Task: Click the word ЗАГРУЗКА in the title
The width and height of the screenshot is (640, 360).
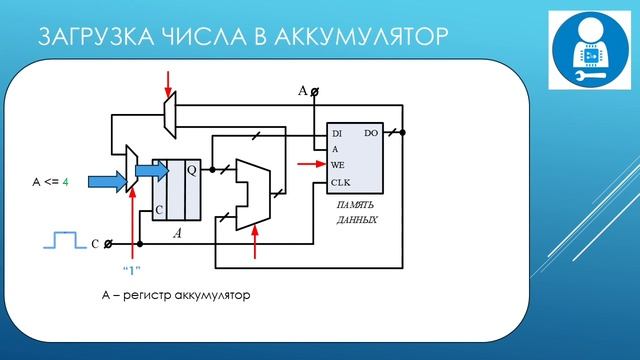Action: click(x=88, y=37)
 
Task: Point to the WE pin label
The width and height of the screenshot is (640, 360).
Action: click(x=338, y=164)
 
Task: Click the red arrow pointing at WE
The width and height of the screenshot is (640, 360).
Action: click(x=310, y=164)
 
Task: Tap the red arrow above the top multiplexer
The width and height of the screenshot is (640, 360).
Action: click(x=168, y=80)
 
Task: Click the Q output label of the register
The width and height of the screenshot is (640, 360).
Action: click(x=192, y=170)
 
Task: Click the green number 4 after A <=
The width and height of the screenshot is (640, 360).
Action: click(x=65, y=182)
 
